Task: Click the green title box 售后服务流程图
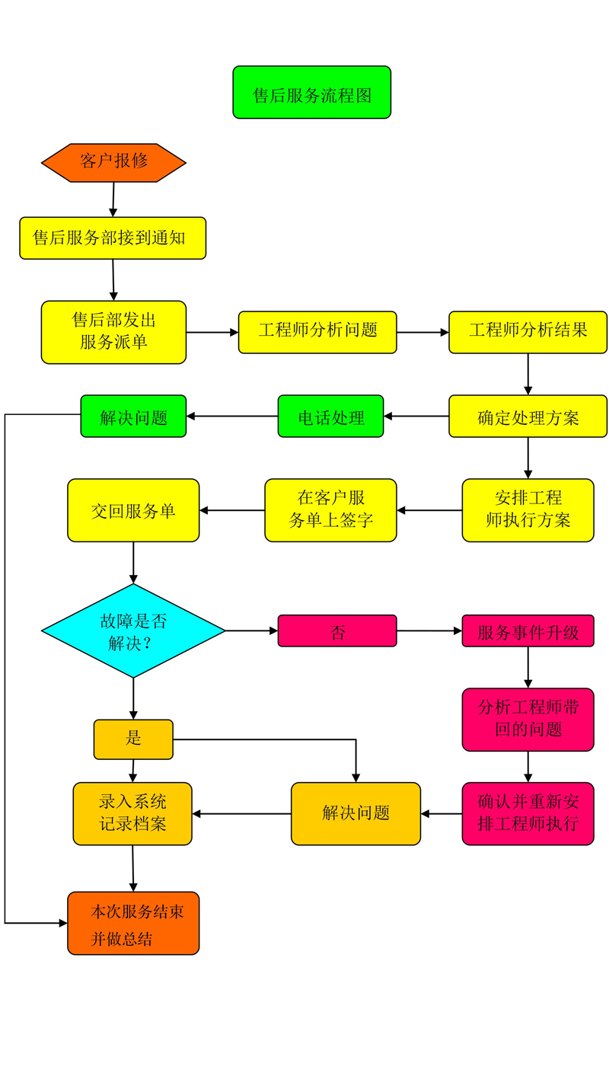click(311, 92)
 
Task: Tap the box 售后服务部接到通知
click(113, 238)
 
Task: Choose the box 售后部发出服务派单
click(113, 332)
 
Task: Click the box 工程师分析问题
click(317, 332)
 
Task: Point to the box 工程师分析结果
click(528, 332)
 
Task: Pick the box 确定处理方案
click(528, 416)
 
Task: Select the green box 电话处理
click(330, 416)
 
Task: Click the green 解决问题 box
click(133, 416)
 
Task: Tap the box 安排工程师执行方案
click(528, 510)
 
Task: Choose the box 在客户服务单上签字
click(330, 510)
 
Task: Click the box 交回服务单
click(133, 510)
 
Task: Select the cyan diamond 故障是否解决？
click(133, 631)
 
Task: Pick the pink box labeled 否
click(337, 631)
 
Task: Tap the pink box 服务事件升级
click(528, 631)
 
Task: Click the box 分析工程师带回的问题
click(528, 720)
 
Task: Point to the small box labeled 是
click(133, 739)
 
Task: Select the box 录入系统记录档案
click(132, 813)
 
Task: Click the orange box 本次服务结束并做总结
click(133, 923)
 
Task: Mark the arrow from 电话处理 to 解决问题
click(232, 416)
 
